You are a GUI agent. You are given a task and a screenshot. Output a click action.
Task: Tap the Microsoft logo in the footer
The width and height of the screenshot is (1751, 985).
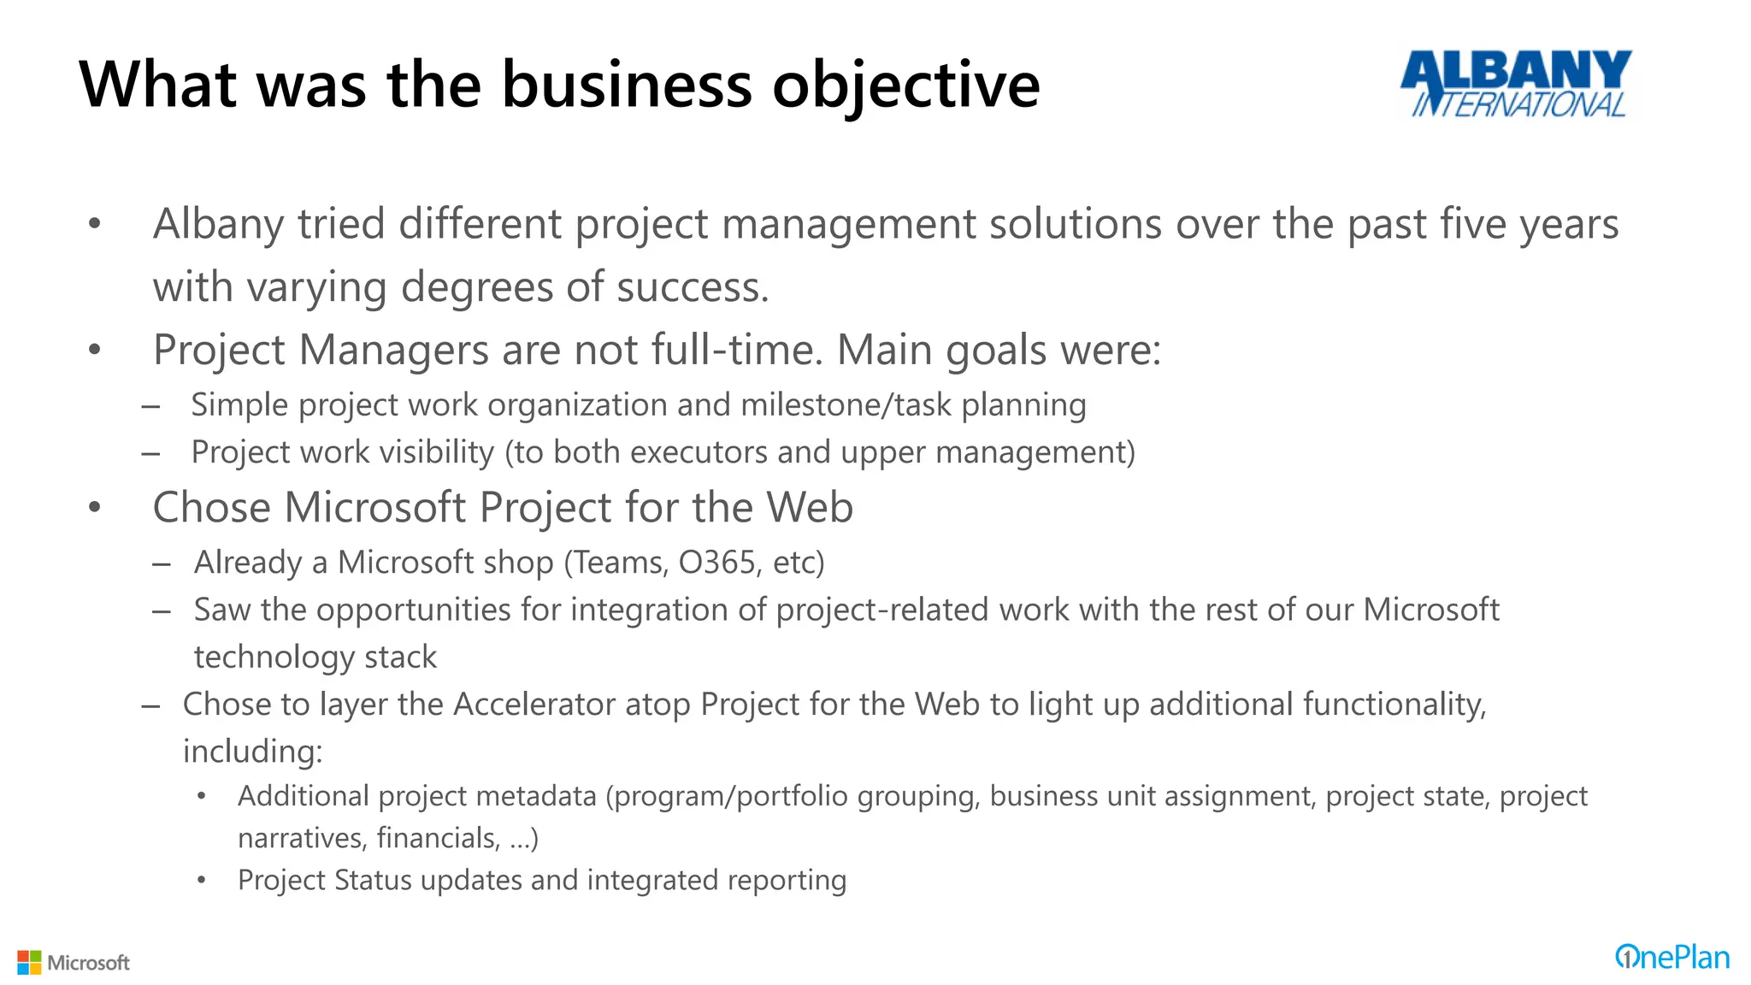coord(74,962)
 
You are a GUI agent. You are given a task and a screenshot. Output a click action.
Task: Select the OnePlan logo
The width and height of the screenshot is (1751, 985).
coord(1671,957)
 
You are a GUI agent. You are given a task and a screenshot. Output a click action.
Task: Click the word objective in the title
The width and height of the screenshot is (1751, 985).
coord(906,86)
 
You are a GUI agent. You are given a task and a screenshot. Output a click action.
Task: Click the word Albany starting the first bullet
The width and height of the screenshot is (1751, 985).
coord(218,225)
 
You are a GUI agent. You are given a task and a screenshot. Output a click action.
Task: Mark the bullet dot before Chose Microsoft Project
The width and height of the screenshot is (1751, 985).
coord(95,507)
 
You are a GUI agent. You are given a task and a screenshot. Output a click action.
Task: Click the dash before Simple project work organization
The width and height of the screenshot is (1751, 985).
coord(151,406)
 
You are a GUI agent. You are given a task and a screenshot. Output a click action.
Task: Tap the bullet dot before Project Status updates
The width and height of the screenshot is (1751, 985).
coord(201,880)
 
